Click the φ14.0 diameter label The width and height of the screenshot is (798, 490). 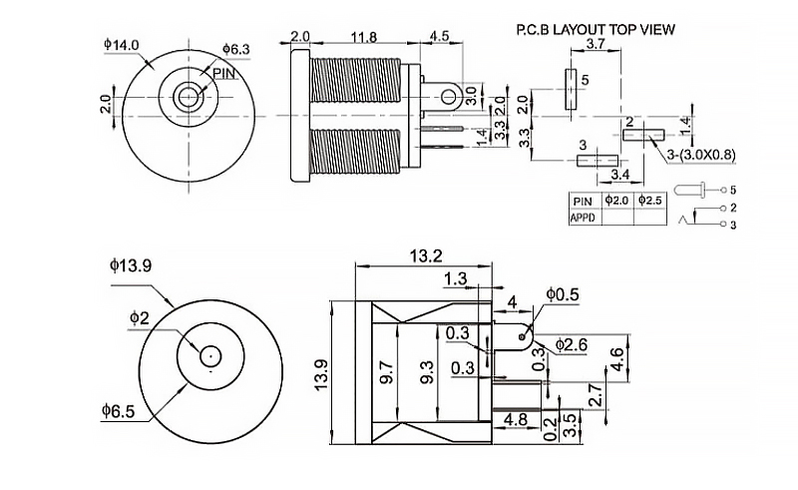pyautogui.click(x=121, y=45)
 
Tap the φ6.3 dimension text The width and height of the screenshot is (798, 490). pyautogui.click(x=236, y=50)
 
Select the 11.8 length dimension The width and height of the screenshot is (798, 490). pyautogui.click(x=364, y=37)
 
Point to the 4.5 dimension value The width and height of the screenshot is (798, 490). pyautogui.click(x=439, y=36)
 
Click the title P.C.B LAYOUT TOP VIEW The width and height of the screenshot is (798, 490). pyautogui.click(x=596, y=30)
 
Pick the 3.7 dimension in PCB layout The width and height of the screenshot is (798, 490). pyautogui.click(x=595, y=44)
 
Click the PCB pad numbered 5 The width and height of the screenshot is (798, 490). pyautogui.click(x=570, y=90)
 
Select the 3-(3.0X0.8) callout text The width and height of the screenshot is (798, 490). pyautogui.click(x=701, y=155)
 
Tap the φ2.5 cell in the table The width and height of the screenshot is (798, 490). pyautogui.click(x=650, y=201)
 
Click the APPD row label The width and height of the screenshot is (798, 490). pyautogui.click(x=583, y=218)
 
